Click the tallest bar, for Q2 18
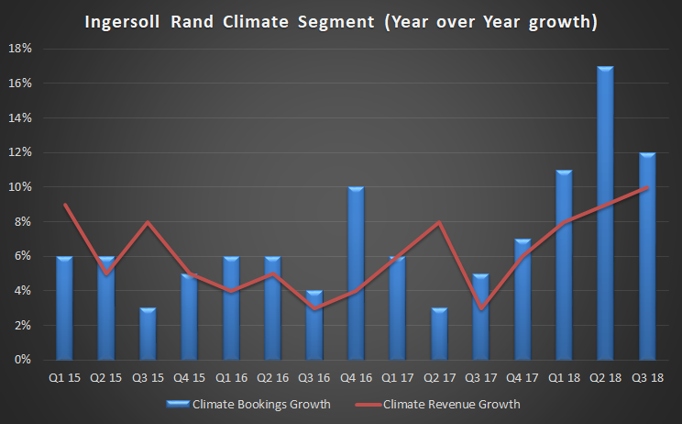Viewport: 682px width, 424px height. point(605,213)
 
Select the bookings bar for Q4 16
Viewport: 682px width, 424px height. point(356,273)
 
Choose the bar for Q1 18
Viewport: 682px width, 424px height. point(564,265)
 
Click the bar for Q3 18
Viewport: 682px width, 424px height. point(647,256)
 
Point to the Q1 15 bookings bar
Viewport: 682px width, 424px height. point(64,308)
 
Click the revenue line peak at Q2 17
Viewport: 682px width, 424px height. point(439,222)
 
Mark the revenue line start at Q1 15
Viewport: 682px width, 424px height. point(64,205)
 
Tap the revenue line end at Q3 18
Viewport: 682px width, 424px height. point(647,187)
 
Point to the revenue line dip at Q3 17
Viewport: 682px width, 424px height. point(480,308)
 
